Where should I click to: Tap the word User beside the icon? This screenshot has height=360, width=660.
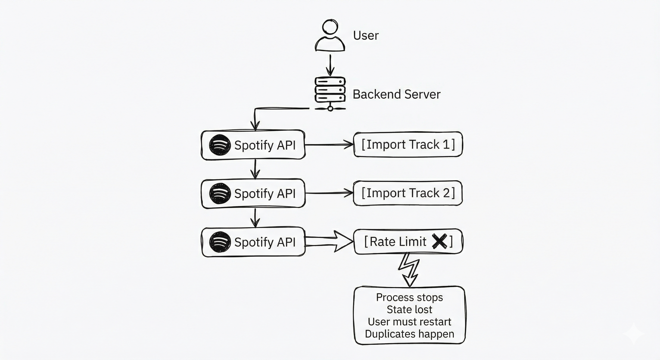tap(366, 36)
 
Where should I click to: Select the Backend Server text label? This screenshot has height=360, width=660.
tap(396, 94)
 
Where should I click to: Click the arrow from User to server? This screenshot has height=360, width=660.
tap(330, 65)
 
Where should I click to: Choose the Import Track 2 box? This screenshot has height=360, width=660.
tap(408, 193)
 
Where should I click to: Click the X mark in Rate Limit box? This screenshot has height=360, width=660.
tap(439, 241)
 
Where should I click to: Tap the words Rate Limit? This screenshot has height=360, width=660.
tap(398, 242)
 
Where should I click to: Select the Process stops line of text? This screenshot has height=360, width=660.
tap(409, 297)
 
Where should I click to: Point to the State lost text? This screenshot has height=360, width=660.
tap(409, 310)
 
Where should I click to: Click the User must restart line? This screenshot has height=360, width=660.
tap(409, 322)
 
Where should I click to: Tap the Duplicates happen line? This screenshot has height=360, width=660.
tap(409, 334)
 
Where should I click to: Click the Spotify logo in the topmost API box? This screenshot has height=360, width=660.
tap(220, 145)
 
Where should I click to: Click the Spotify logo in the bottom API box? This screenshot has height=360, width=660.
tap(220, 242)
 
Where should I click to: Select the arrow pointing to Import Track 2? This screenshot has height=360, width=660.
tap(329, 193)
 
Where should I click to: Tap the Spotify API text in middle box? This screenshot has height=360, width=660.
tap(265, 193)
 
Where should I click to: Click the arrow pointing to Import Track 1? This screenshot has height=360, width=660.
tap(329, 145)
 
